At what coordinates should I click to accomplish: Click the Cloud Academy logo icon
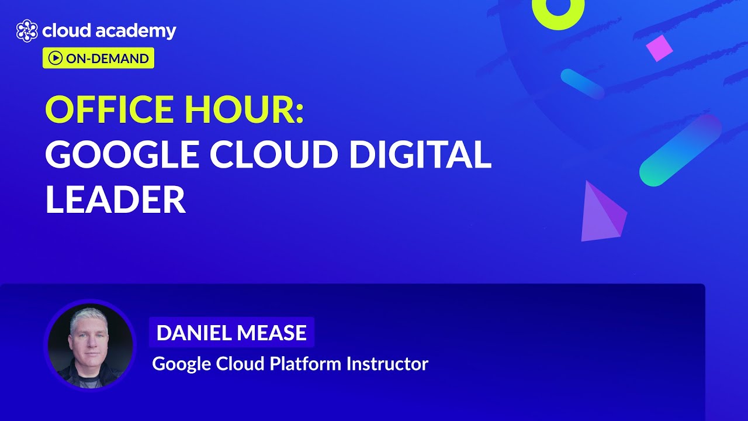click(x=27, y=31)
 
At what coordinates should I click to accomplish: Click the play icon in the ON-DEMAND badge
click(x=56, y=58)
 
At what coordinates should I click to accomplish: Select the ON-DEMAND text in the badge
click(x=106, y=58)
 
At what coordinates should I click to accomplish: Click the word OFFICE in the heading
click(x=109, y=110)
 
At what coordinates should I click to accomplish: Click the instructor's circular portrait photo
click(x=90, y=346)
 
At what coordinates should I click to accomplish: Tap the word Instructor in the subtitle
click(x=387, y=364)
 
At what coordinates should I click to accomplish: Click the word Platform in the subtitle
click(x=306, y=364)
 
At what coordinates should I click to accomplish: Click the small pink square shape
click(x=659, y=48)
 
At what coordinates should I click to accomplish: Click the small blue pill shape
click(x=582, y=84)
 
